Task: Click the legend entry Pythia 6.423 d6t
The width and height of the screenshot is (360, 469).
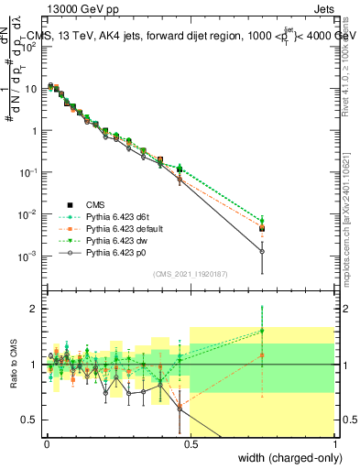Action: pyautogui.click(x=119, y=217)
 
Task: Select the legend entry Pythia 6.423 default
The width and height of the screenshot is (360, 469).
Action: pyautogui.click(x=125, y=228)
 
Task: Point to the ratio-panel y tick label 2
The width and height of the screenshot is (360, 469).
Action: pyautogui.click(x=32, y=309)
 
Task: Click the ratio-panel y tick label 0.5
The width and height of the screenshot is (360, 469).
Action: pyautogui.click(x=28, y=420)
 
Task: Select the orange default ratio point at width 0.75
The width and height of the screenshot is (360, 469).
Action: pyautogui.click(x=262, y=355)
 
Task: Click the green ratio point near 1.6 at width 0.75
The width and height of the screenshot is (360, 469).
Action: pyautogui.click(x=262, y=331)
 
